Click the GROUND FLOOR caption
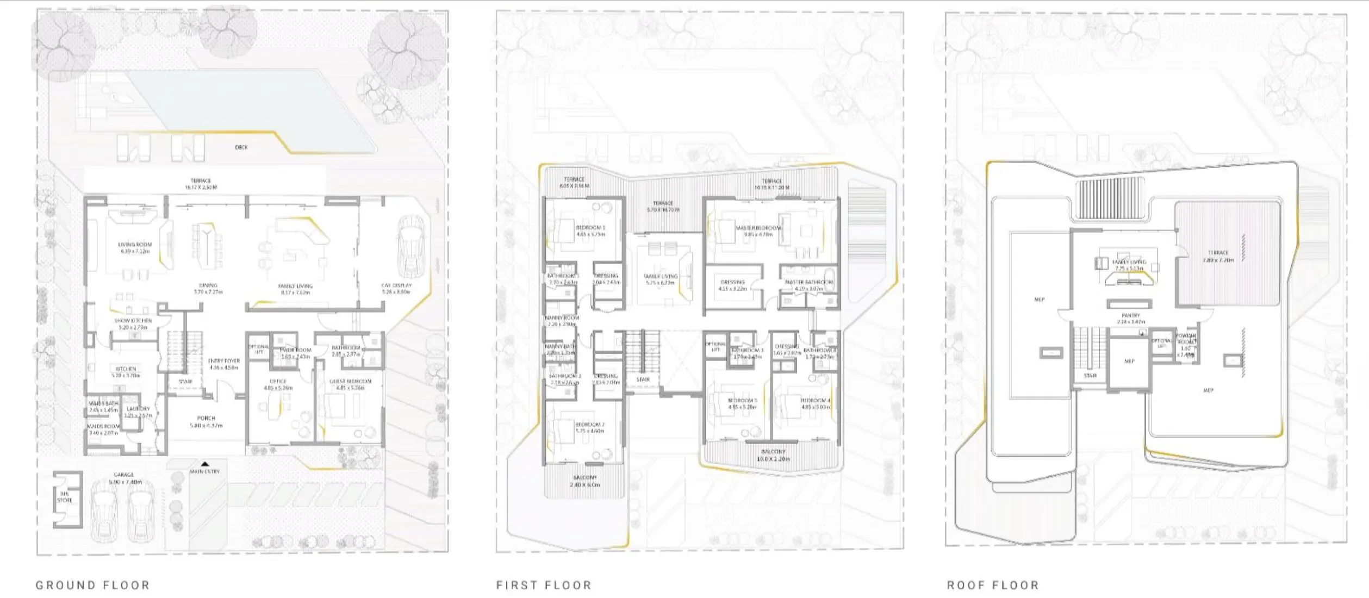pos(92,585)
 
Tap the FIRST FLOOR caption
pos(544,585)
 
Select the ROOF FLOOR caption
pos(993,585)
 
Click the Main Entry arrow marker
pos(205,464)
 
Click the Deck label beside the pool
pos(241,147)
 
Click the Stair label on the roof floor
pos(1090,376)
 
